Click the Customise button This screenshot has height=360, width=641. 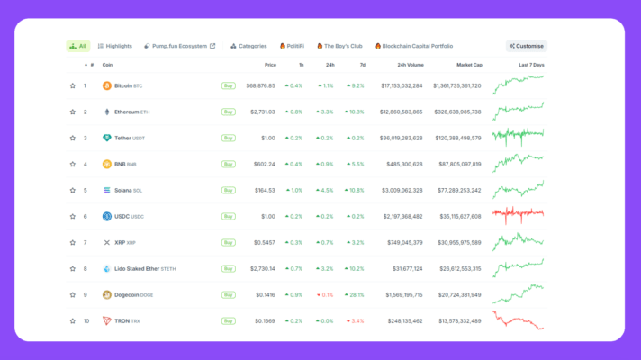point(527,46)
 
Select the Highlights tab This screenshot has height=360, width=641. point(113,46)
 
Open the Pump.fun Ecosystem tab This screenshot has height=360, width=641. point(179,46)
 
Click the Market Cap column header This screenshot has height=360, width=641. point(469,65)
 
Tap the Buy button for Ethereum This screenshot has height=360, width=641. point(229,112)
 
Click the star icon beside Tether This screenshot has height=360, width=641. point(73,139)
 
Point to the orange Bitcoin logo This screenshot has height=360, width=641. point(107,86)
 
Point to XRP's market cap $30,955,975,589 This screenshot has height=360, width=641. point(459,242)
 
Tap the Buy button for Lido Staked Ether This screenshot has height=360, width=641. point(229,268)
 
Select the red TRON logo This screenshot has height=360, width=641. point(107,320)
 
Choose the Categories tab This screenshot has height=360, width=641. point(248,46)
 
